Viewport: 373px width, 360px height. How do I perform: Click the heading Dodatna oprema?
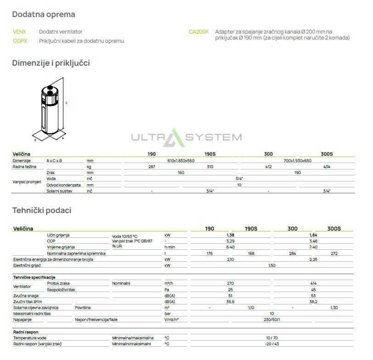[x=44, y=15]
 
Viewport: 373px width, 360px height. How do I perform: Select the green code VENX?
[x=19, y=32]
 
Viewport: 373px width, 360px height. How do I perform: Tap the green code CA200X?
[x=198, y=32]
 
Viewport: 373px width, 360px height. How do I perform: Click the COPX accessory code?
[x=20, y=41]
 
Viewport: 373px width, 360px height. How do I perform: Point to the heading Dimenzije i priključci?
[x=51, y=63]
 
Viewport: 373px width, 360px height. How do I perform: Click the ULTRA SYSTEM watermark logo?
[x=186, y=137]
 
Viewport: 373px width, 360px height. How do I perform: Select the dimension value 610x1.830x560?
[x=181, y=161]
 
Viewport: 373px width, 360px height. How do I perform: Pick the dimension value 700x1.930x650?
[x=298, y=161]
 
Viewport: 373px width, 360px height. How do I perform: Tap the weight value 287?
[x=152, y=167]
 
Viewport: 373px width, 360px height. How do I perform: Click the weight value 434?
[x=327, y=167]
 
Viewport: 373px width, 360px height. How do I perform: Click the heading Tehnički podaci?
[x=42, y=210]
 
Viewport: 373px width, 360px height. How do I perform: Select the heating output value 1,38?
[x=231, y=235]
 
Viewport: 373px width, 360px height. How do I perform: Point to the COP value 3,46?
[x=313, y=241]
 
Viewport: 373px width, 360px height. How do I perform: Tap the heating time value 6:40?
[x=231, y=247]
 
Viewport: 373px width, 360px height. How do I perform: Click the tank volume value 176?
[x=209, y=253]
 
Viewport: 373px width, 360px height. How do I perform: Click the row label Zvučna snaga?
[x=26, y=296]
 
